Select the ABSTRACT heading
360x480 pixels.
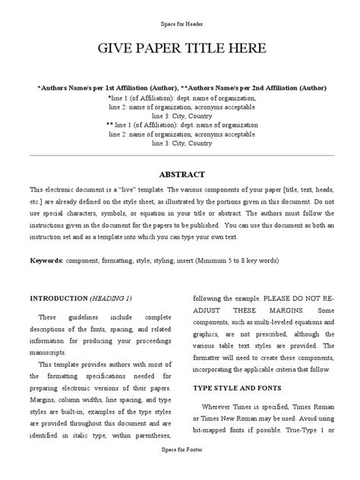(x=179, y=173)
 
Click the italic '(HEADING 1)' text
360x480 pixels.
(x=113, y=297)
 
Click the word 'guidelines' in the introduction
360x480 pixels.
(x=80, y=316)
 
